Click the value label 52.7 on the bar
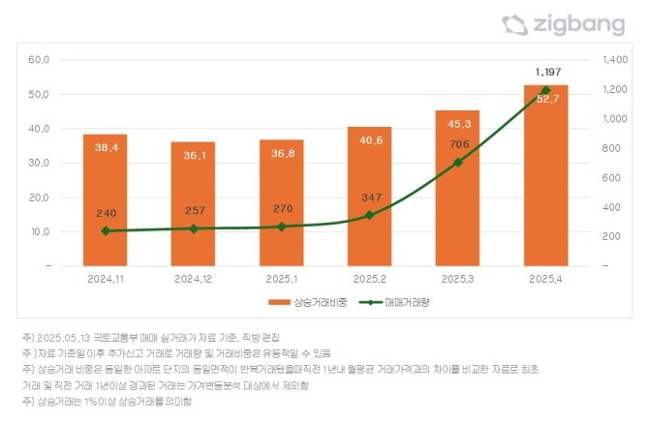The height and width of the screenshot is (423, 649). pos(545,99)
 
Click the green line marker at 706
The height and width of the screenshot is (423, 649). pos(457,162)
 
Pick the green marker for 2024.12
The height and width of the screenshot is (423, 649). pos(194,228)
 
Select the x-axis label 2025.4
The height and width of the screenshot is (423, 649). pos(545,279)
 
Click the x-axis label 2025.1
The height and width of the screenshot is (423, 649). pos(281,279)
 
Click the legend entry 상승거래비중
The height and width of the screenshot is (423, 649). pos(300,303)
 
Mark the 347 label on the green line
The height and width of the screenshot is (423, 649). pos(369,196)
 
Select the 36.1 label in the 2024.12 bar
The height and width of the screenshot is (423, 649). pos(194,155)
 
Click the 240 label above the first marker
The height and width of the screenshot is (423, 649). pos(106,213)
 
